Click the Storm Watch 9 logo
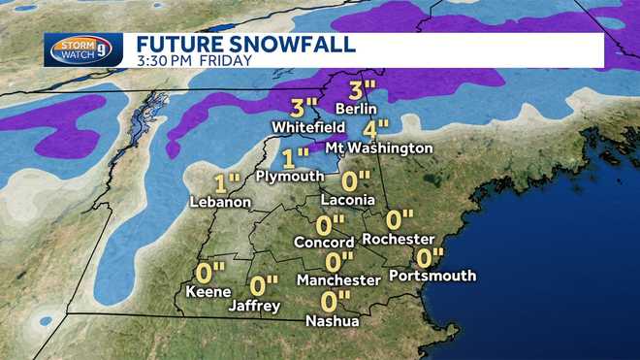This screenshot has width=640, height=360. pyautogui.click(x=83, y=49)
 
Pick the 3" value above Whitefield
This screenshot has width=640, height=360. pyautogui.click(x=304, y=107)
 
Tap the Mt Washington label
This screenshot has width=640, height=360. pyautogui.click(x=386, y=148)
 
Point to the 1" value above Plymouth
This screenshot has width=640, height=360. pyautogui.click(x=296, y=155)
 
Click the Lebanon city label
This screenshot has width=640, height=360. pyautogui.click(x=221, y=202)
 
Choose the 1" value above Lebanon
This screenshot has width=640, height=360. pyautogui.click(x=228, y=181)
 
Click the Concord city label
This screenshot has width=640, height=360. pyautogui.click(x=323, y=241)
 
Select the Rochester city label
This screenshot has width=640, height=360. pyautogui.click(x=398, y=239)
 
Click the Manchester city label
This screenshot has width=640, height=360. pyautogui.click(x=338, y=280)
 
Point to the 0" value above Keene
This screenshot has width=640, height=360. pyautogui.click(x=209, y=272)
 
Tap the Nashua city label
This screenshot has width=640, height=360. pyautogui.click(x=333, y=321)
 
